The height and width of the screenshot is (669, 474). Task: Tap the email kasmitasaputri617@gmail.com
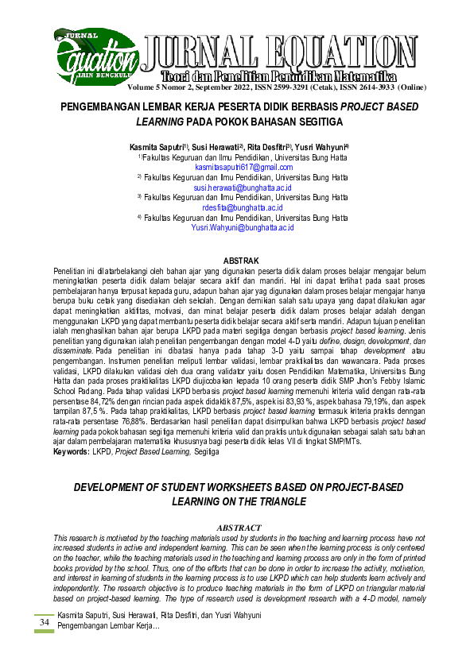(x=244, y=168)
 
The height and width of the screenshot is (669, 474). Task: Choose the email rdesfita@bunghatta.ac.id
(x=243, y=207)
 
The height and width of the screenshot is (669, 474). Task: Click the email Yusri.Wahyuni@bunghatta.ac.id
(x=243, y=227)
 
